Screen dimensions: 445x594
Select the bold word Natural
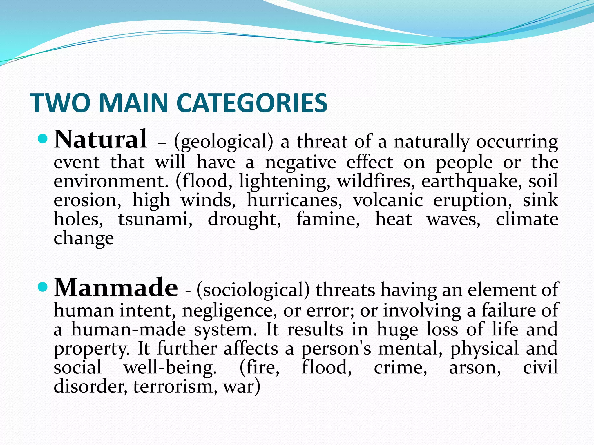[101, 139]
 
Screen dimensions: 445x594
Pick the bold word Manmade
[116, 287]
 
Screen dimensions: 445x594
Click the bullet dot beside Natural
[42, 139]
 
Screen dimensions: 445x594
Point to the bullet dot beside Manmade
[42, 287]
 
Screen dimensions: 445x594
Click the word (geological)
[224, 142]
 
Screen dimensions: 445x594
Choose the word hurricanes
[294, 200]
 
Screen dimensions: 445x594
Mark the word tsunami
[155, 219]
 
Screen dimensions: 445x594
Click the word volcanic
[388, 200]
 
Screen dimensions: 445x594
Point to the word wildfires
[376, 181]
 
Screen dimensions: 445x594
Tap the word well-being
[170, 368]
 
